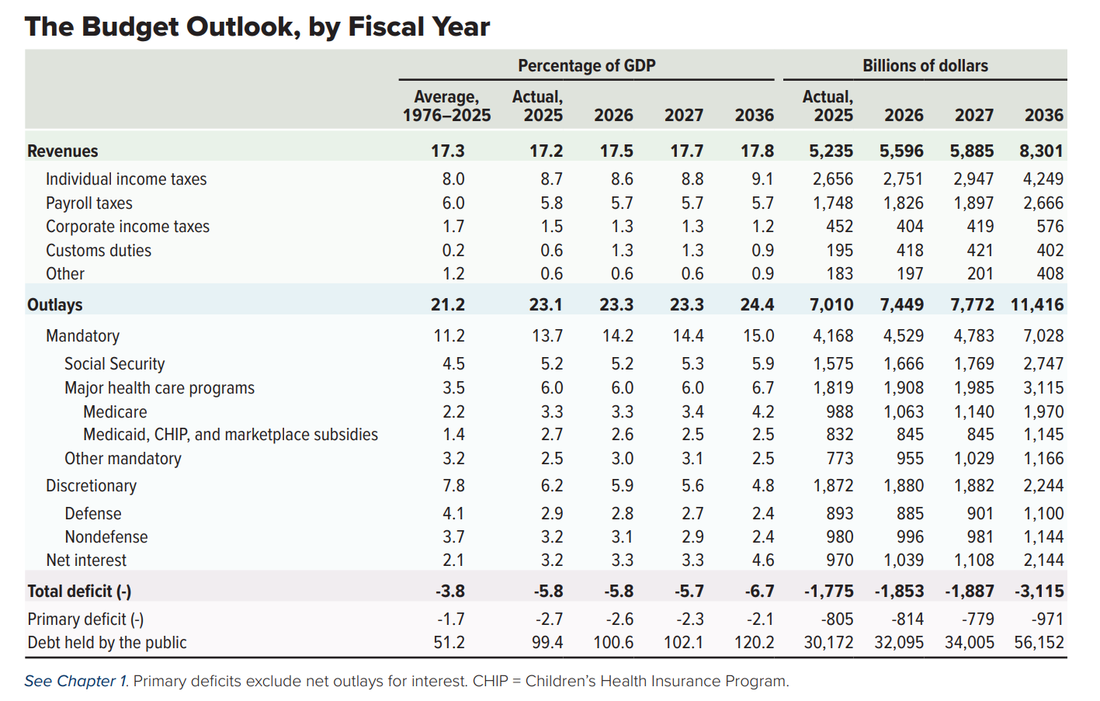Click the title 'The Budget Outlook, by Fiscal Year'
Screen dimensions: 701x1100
(257, 27)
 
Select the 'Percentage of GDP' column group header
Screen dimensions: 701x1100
(586, 66)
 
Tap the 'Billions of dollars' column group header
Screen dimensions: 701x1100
(925, 66)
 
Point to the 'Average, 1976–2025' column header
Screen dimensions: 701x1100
(446, 106)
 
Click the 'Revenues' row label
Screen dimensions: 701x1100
(63, 151)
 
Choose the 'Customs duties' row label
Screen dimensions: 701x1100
(99, 251)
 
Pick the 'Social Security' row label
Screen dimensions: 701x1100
(115, 364)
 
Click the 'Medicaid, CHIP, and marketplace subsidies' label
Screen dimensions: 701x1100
(231, 435)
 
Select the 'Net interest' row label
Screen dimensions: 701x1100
(86, 560)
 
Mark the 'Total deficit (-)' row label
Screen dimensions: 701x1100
(79, 592)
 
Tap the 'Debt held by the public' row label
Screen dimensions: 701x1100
(107, 643)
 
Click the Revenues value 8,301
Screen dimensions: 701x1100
(1041, 151)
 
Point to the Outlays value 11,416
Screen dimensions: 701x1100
(1037, 305)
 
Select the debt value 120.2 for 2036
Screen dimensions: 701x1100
(755, 643)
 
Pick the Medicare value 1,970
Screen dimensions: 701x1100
(1043, 412)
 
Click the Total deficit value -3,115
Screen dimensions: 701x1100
(1039, 592)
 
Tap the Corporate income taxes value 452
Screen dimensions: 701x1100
(838, 227)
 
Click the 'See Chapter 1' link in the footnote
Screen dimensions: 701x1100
(75, 682)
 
